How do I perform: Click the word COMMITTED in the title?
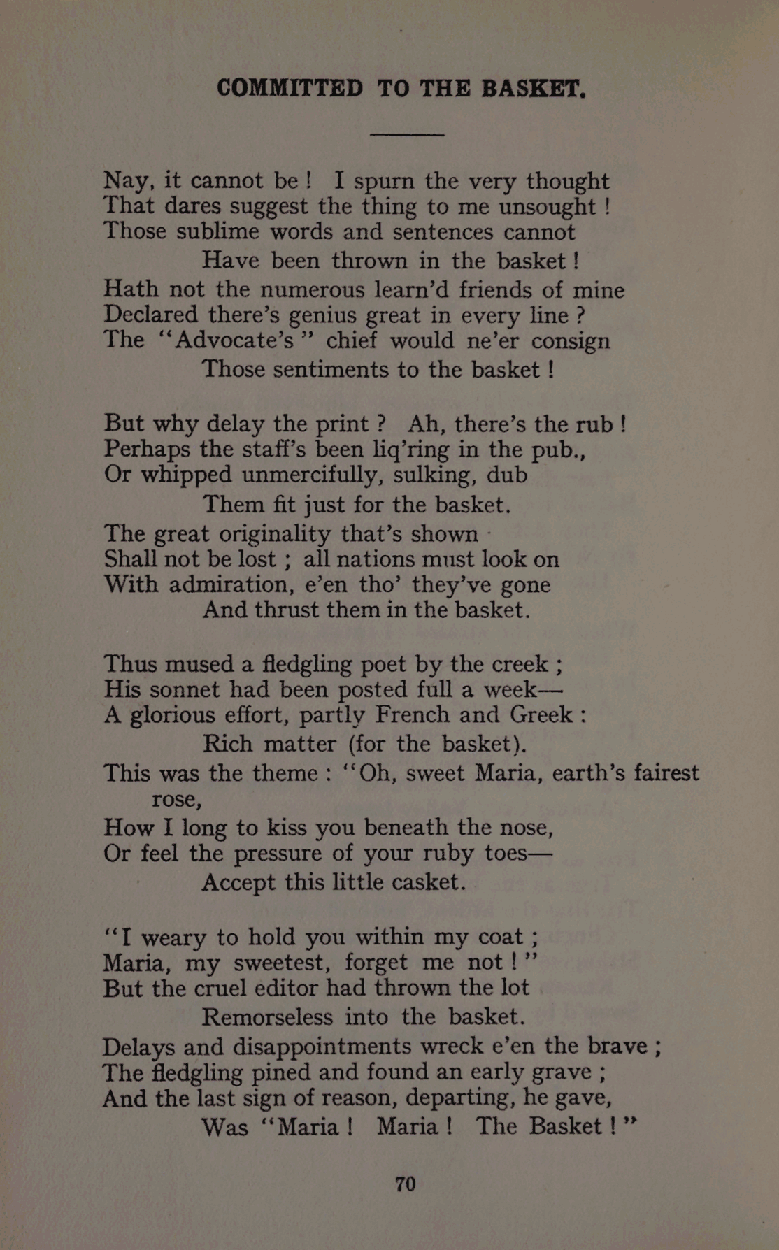click(x=290, y=89)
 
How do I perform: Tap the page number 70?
click(x=406, y=1184)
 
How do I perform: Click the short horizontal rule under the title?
click(x=406, y=134)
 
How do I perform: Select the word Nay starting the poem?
click(x=126, y=181)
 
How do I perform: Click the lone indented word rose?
click(x=176, y=798)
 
